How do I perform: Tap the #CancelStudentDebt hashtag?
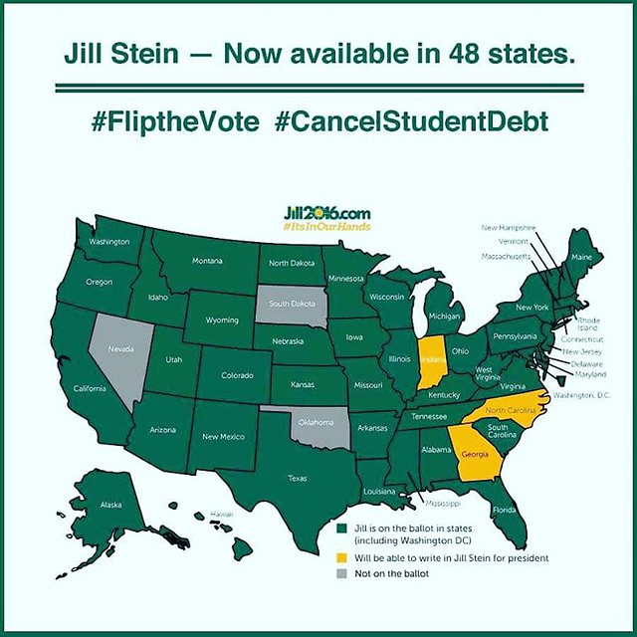tap(409, 124)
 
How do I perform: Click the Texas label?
tap(298, 478)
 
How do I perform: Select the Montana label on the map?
tap(207, 261)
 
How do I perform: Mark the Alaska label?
tap(111, 505)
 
